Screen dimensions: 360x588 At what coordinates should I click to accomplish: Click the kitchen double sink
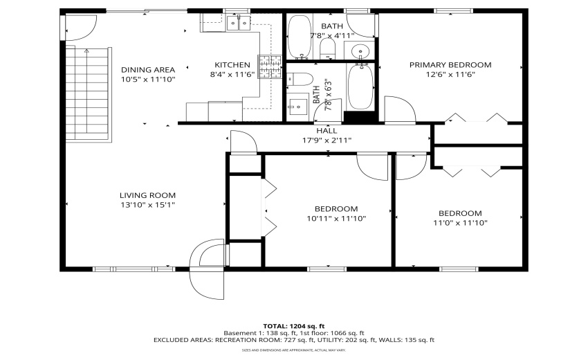pos(239,24)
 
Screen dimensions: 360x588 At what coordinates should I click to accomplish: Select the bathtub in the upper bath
pos(299,37)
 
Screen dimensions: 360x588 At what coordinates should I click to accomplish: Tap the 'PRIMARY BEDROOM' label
pos(450,65)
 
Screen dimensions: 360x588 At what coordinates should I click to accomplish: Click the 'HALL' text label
pos(327,130)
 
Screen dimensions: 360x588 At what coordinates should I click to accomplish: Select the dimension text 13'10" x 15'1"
pos(148,205)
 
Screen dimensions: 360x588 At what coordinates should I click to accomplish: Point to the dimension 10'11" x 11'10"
pos(336,219)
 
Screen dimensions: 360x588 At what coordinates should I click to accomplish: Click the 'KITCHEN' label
pos(232,65)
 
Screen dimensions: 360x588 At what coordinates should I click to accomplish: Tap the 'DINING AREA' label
pos(148,69)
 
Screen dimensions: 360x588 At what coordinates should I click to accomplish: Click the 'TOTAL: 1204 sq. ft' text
pos(293,325)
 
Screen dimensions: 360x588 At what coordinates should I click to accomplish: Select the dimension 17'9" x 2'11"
pos(327,140)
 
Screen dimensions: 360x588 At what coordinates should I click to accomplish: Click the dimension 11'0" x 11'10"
pos(460,223)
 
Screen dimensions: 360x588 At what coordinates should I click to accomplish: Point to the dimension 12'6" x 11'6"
pos(450,75)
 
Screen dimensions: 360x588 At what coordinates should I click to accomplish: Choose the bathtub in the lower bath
pos(360,87)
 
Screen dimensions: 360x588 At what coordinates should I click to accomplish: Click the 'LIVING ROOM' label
pos(148,195)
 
